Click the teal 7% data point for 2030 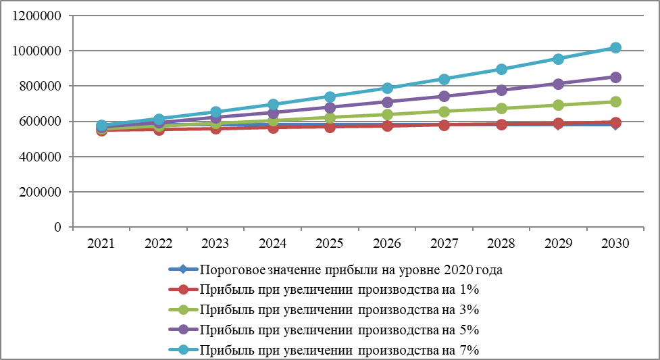pyautogui.click(x=615, y=48)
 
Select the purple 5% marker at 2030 pyautogui.click(x=615, y=77)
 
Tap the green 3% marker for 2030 pyautogui.click(x=615, y=102)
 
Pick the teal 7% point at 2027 pyautogui.click(x=444, y=79)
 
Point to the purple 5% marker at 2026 pyautogui.click(x=387, y=102)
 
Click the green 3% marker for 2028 pyautogui.click(x=501, y=108)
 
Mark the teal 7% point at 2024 pyautogui.click(x=273, y=105)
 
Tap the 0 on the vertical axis pyautogui.click(x=59, y=227)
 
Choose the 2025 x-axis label pyautogui.click(x=330, y=244)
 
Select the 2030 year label pyautogui.click(x=615, y=244)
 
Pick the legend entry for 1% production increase pyautogui.click(x=339, y=290)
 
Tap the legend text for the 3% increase pyautogui.click(x=339, y=310)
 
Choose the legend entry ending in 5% pyautogui.click(x=339, y=330)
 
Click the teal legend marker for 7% pyautogui.click(x=182, y=350)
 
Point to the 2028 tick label pyautogui.click(x=501, y=244)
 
